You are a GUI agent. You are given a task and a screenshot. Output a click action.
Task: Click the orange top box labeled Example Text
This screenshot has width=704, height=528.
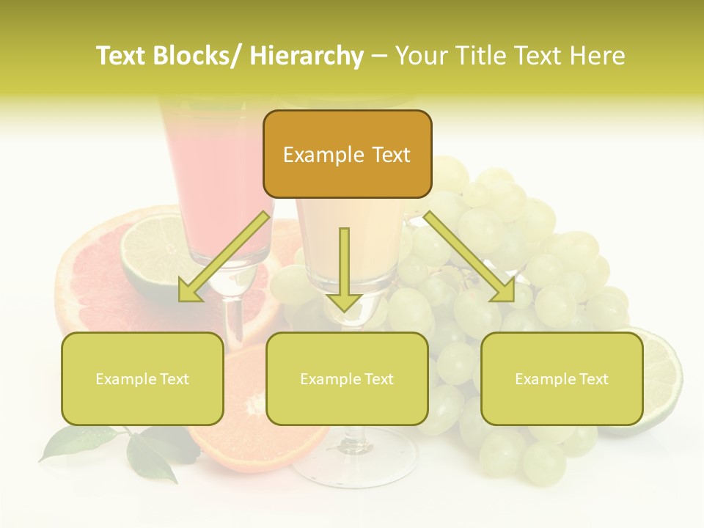347,154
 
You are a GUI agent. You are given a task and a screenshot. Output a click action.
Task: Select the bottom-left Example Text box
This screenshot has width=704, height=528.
142,378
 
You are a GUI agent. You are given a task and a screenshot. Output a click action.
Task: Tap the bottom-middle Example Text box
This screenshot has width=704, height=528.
347,378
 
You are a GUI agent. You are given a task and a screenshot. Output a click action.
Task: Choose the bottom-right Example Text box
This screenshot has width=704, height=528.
562,378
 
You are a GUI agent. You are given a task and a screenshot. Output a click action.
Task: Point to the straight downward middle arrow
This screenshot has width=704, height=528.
344,268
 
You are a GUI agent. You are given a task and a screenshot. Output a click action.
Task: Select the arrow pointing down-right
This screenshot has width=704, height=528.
469,257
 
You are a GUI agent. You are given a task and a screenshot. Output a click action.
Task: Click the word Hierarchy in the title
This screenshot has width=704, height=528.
307,56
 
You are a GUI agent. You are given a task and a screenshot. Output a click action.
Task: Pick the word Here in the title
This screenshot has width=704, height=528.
598,56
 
